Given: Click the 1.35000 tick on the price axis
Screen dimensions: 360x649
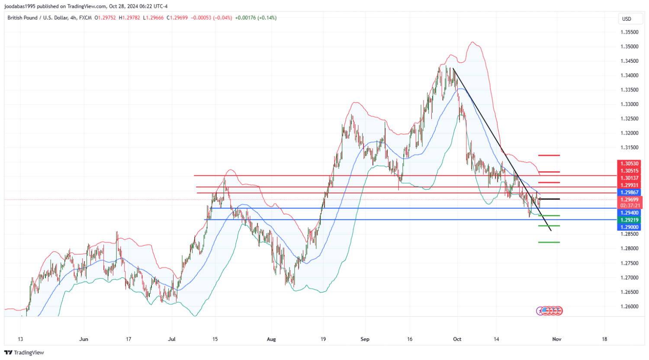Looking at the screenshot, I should coord(630,47).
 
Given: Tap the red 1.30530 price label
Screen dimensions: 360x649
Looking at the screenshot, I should coord(630,164).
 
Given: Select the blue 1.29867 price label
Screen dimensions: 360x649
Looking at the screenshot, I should coord(630,193).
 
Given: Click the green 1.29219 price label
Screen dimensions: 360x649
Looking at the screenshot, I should coord(630,220).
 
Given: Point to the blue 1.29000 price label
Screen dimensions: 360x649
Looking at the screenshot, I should coord(630,227).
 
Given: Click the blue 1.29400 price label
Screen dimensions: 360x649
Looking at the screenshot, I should coord(630,213).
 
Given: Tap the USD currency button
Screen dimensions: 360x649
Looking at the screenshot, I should coord(627,19).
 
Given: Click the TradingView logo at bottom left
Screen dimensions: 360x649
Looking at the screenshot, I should coord(24,353).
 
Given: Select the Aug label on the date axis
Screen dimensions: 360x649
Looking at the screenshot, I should coord(271,339).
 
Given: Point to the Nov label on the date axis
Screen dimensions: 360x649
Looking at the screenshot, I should coord(557,339).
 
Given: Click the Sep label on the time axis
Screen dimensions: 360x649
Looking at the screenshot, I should coord(365,339).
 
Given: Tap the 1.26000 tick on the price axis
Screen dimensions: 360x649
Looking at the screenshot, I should coord(630,307).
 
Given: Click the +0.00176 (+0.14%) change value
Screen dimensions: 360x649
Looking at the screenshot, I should coord(256,18).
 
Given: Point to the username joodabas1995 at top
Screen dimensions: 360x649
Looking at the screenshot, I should coord(20,6).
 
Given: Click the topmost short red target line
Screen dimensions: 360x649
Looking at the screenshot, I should coord(549,155).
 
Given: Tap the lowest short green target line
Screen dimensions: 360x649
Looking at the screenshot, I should coord(549,242).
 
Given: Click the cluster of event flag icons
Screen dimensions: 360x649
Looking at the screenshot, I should coord(550,311).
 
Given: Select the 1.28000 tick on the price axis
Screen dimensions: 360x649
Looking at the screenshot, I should coord(630,249).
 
